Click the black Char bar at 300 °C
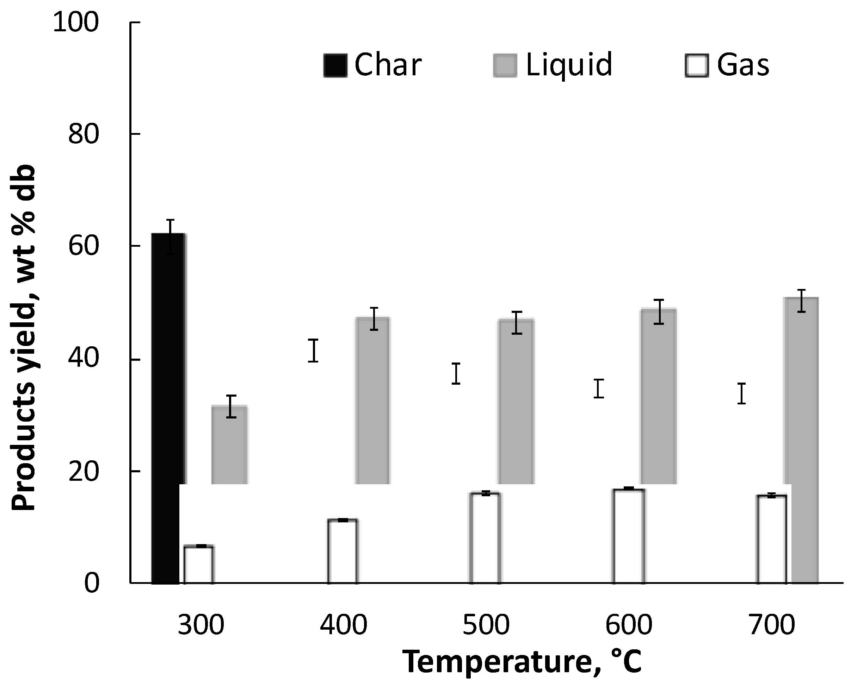(x=167, y=409)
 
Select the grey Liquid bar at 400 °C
(x=372, y=401)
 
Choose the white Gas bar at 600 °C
(x=628, y=536)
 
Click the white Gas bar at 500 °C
(x=485, y=538)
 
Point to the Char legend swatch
(x=335, y=65)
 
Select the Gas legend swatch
(x=697, y=65)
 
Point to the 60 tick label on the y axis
(x=84, y=246)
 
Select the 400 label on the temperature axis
(x=344, y=625)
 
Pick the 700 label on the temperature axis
(x=771, y=625)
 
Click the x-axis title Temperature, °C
(x=522, y=662)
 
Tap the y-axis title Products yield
(x=24, y=338)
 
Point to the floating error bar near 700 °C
(x=741, y=393)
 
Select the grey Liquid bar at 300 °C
(x=230, y=445)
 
